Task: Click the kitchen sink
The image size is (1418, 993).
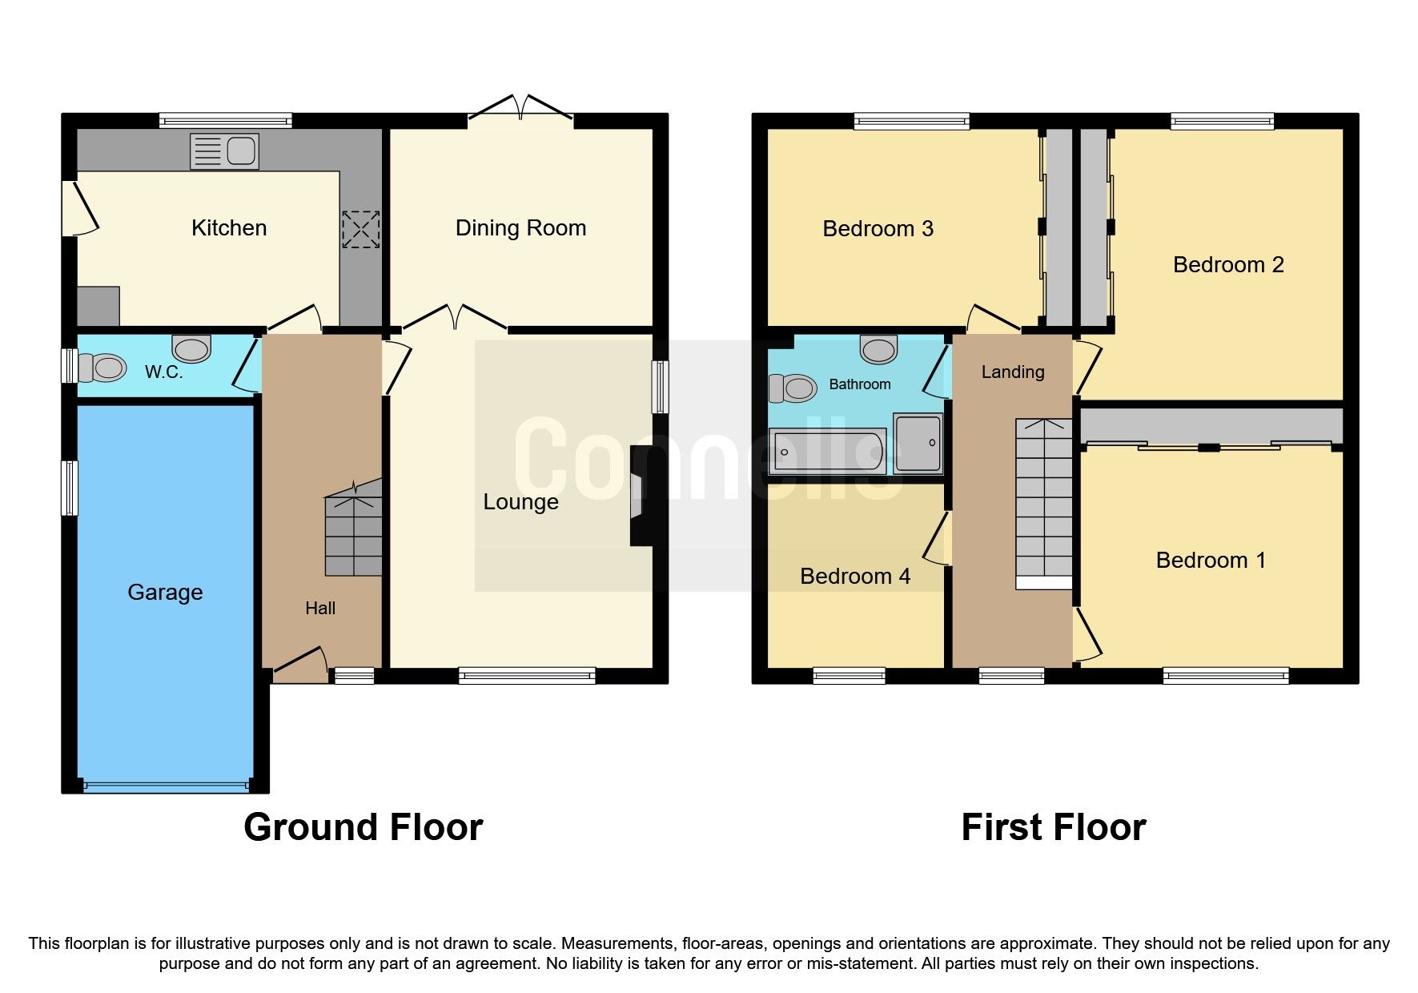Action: (224, 151)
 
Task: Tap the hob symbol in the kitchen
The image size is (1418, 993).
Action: (360, 229)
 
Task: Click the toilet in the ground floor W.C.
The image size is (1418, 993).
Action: (106, 368)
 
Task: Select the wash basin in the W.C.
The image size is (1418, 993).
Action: (191, 349)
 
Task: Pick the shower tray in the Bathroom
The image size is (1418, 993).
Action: (918, 443)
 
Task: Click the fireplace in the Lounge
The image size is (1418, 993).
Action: (641, 496)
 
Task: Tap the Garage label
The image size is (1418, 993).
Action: (165, 593)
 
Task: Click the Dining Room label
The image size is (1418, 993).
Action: (520, 228)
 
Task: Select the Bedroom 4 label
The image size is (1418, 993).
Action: (855, 577)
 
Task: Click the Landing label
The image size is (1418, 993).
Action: (1013, 372)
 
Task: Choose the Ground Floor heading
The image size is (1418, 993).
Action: (363, 827)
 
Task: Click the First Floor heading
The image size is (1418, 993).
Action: (1053, 827)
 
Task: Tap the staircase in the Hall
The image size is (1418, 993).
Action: (353, 533)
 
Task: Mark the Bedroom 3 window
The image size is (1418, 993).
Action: (911, 122)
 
